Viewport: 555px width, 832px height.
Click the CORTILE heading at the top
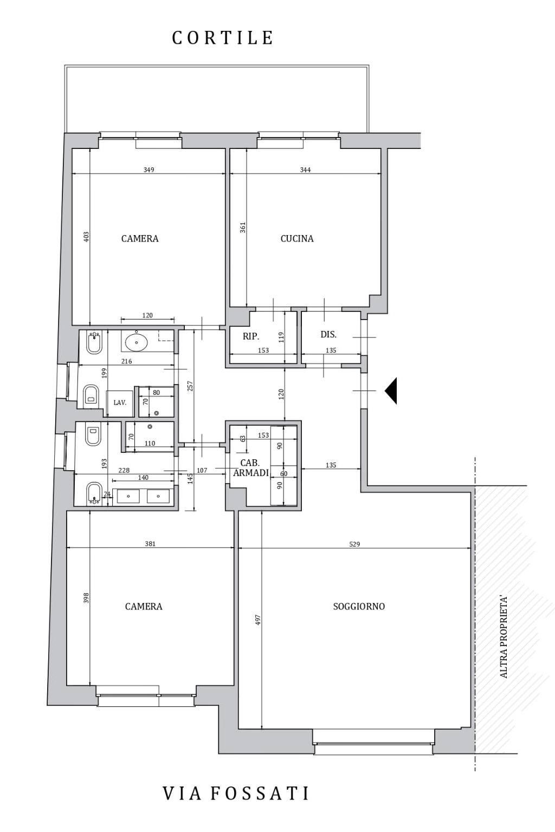(x=222, y=37)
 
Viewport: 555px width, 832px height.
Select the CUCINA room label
(x=296, y=238)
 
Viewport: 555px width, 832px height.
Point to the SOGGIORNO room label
(x=359, y=607)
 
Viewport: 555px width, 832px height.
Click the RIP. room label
(x=251, y=336)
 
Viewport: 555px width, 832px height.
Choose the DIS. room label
(x=328, y=334)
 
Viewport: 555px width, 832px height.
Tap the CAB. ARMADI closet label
(x=250, y=467)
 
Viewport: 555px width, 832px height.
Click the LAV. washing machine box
(x=120, y=403)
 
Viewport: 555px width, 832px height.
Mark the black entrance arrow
(x=391, y=391)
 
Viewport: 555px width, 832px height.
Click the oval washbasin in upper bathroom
(x=136, y=342)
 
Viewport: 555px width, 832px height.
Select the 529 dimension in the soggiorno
(x=354, y=544)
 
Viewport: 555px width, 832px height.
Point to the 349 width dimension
(x=149, y=170)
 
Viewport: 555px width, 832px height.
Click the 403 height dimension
(x=86, y=237)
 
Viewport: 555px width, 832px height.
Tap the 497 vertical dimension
(x=259, y=620)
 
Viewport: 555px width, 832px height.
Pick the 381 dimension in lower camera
(x=150, y=544)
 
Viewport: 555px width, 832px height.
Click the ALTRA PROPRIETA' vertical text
(x=504, y=636)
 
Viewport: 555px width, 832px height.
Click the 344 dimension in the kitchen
(x=305, y=170)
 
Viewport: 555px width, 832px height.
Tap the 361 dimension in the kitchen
(x=243, y=227)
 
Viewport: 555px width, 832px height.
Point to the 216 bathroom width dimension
(x=126, y=361)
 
